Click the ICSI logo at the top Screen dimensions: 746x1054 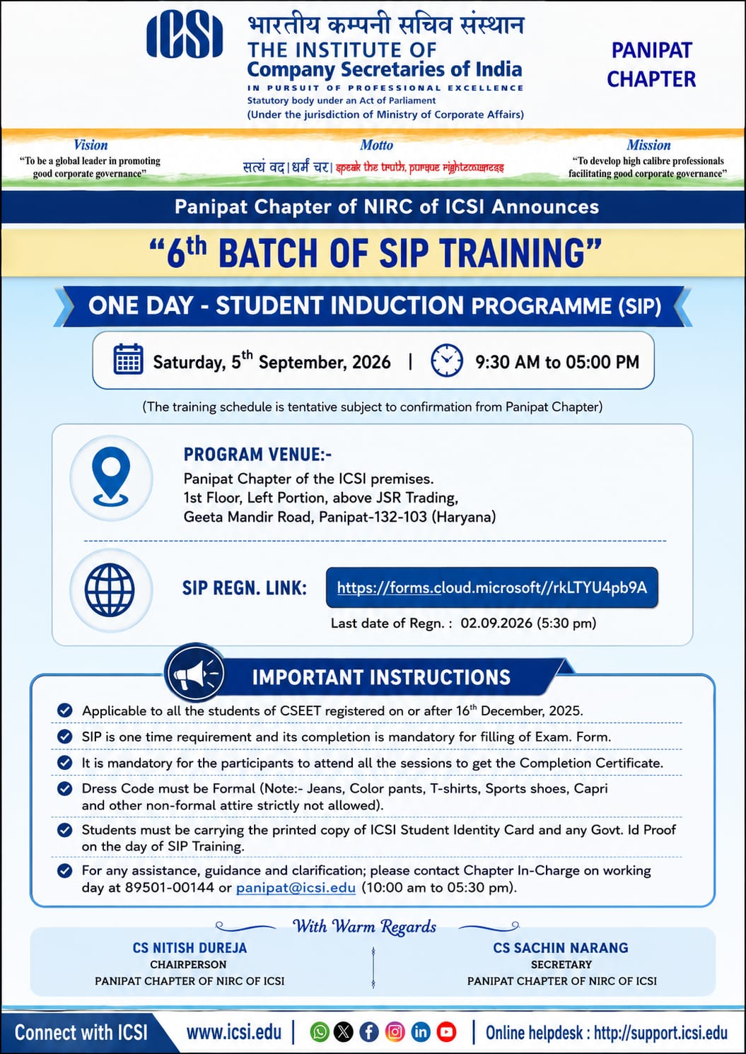tap(185, 35)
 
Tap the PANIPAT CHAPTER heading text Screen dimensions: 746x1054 tap(651, 64)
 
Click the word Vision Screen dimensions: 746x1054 tap(91, 145)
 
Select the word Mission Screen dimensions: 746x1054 tap(648, 145)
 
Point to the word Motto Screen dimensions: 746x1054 tap(376, 145)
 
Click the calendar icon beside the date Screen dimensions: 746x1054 tap(129, 359)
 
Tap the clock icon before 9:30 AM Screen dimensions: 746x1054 tap(447, 361)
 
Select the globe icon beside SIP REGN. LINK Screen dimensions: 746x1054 tap(110, 590)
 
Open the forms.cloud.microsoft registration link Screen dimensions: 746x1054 tap(492, 587)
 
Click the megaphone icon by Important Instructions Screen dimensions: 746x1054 tap(194, 674)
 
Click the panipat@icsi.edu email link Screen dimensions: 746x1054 tap(296, 888)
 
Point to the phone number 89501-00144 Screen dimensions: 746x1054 tap(170, 887)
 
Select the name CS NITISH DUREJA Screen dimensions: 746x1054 tap(190, 948)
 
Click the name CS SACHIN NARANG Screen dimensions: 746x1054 tap(561, 948)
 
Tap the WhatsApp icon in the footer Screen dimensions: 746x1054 tap(320, 1032)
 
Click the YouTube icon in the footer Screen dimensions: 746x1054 tap(446, 1032)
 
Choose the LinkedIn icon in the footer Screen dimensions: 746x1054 tap(421, 1032)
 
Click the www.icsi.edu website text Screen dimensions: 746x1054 tap(234, 1032)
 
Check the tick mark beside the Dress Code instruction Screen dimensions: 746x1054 tap(64, 788)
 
